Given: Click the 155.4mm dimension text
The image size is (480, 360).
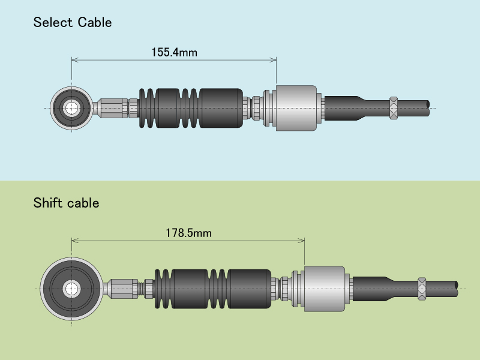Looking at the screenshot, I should (174, 52).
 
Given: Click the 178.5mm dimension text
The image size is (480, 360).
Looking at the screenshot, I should (188, 233).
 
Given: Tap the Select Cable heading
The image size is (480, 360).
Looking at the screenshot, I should (73, 23).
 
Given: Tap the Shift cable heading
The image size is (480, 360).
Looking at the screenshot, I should (66, 203).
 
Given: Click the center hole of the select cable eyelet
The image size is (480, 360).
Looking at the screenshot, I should (71, 108).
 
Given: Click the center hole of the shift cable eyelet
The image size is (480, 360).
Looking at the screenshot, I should (71, 289).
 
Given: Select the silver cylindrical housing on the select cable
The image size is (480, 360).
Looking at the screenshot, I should (296, 108).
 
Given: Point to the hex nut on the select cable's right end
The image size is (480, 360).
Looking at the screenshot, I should (394, 108).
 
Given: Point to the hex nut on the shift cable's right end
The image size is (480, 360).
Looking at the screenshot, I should (422, 289).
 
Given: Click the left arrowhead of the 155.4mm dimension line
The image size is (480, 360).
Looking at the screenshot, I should (74, 59).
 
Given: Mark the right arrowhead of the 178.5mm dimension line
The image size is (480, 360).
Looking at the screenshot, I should (302, 241).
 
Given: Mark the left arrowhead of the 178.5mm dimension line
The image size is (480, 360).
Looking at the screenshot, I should (74, 241).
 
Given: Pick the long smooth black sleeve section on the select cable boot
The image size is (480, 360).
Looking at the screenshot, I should (220, 108).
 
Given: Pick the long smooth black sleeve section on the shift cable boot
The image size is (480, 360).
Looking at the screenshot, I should (250, 289).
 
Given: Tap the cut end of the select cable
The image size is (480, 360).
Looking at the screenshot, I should (428, 108).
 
